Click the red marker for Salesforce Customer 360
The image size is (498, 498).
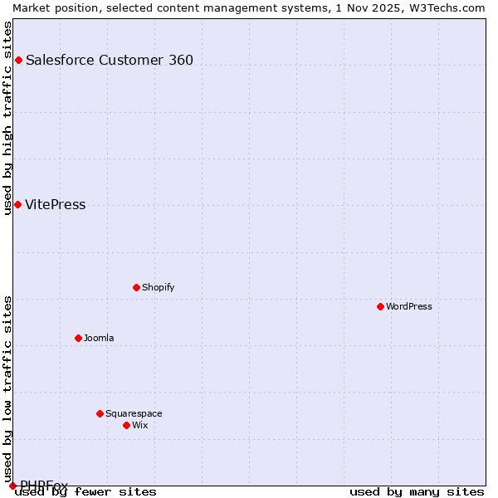18,60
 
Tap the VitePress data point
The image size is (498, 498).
17,204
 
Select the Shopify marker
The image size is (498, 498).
136,287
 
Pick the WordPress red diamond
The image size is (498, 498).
380,306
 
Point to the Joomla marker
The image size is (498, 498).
78,338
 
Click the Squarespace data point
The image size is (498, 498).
100,413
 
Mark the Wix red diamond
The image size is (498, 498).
126,425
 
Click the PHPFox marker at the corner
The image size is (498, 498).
12,486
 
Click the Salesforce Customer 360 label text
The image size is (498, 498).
110,60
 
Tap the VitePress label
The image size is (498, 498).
55,205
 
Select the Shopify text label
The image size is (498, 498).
158,287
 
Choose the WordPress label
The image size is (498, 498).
408,306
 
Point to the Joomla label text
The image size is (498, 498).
99,338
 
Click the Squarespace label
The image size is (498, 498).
134,413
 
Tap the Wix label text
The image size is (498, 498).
139,425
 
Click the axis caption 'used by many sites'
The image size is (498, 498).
417,492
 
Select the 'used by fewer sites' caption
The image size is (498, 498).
86,492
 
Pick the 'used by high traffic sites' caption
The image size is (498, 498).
7,118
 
